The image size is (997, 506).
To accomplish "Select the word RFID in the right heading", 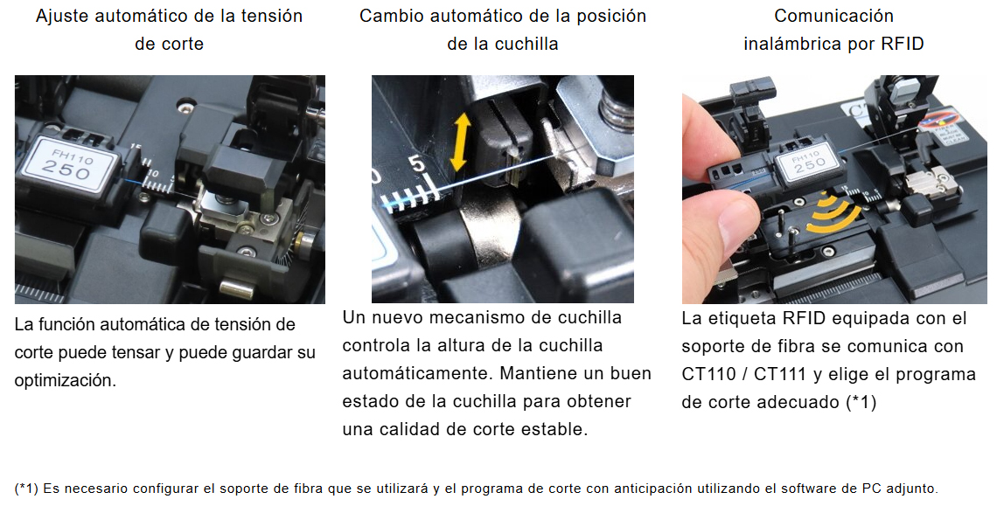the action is coord(903,44).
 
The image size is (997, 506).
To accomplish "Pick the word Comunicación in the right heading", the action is coord(833,16).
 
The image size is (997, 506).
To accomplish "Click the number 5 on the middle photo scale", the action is coord(417,163).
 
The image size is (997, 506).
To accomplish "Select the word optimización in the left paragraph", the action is coord(66,381).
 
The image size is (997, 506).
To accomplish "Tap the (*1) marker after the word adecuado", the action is coord(861,402).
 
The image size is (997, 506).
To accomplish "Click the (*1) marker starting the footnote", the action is coord(26,489).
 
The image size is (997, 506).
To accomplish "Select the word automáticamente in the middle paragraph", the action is coord(418,374).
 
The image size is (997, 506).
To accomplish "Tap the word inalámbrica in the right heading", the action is coord(793,44).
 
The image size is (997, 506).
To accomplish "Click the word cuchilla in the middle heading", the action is coord(526,44).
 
